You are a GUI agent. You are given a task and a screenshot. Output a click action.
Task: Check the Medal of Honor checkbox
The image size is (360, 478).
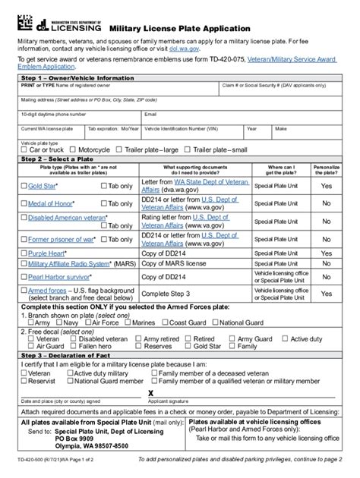(x=24, y=203)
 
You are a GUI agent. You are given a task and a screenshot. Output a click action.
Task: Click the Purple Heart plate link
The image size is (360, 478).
(x=46, y=253)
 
